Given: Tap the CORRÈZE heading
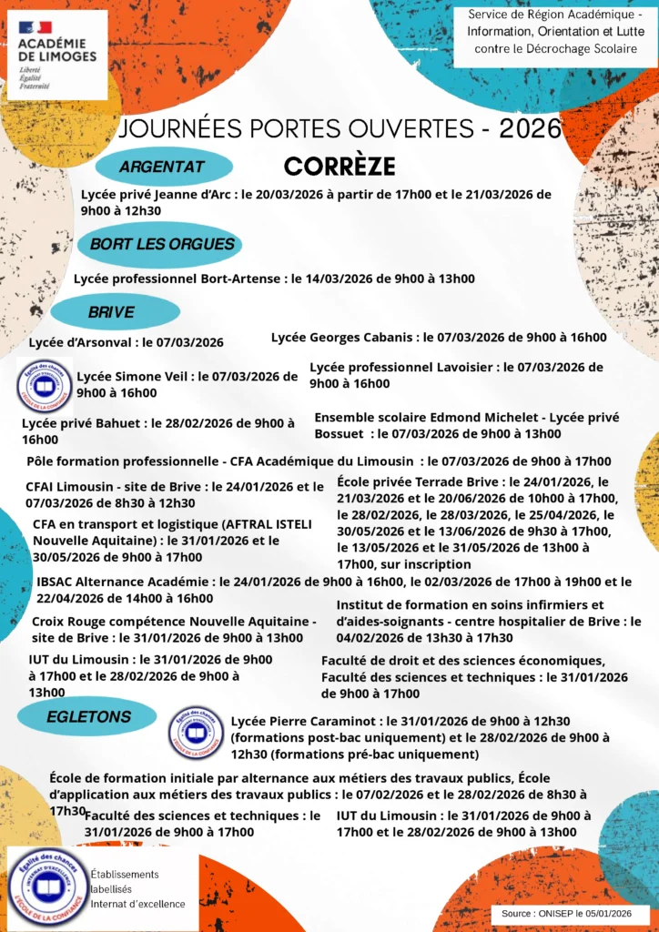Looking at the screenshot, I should coord(340,167).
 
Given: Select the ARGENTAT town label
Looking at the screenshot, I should coord(161,167).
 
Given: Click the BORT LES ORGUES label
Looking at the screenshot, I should coord(162,244).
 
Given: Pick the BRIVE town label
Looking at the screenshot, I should coord(111,312).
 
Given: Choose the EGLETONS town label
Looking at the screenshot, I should coord(88,716).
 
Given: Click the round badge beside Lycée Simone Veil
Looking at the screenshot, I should coord(45,384).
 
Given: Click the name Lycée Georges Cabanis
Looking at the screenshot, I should coord(342,338).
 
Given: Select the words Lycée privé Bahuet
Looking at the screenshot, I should coord(82,423).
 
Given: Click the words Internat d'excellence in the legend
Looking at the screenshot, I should coord(137,904).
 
